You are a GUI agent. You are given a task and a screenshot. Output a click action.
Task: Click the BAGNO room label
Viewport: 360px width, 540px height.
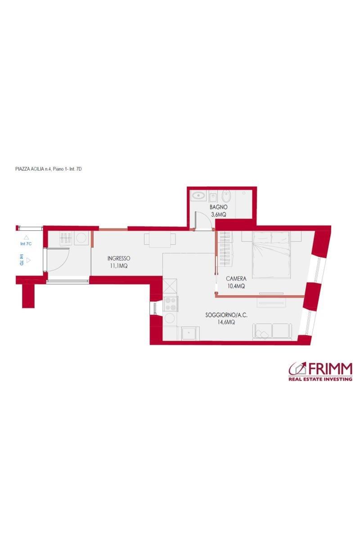(x=218, y=207)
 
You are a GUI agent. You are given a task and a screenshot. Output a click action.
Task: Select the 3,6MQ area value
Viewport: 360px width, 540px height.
(x=218, y=214)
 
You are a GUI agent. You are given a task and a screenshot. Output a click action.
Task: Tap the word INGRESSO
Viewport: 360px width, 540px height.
(x=119, y=258)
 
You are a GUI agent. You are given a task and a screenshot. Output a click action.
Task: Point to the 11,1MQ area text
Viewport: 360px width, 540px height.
(x=119, y=266)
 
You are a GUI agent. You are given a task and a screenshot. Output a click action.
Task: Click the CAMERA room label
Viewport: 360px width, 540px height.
(x=236, y=279)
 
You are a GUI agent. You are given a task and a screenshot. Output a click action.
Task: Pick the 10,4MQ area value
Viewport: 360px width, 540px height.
(x=236, y=286)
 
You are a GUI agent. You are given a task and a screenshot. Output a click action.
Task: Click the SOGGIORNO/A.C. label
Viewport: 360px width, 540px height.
(x=226, y=315)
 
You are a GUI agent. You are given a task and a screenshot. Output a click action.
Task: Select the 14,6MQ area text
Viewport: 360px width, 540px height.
(x=226, y=322)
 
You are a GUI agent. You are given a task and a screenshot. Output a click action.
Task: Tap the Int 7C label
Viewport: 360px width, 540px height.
(x=26, y=244)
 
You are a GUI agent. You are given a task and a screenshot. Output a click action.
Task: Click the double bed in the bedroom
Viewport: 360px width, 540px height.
(x=271, y=255)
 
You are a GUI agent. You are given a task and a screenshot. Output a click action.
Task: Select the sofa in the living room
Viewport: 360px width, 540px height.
(x=272, y=332)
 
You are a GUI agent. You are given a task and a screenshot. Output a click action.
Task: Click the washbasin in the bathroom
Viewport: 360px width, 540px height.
(x=198, y=195)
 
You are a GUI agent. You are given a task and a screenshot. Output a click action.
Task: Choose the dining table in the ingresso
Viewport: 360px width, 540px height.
(x=160, y=240)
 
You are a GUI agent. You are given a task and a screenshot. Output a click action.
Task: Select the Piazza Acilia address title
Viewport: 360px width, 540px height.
(x=49, y=169)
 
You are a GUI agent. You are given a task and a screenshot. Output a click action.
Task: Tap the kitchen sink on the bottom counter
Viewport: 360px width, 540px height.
(x=188, y=333)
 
